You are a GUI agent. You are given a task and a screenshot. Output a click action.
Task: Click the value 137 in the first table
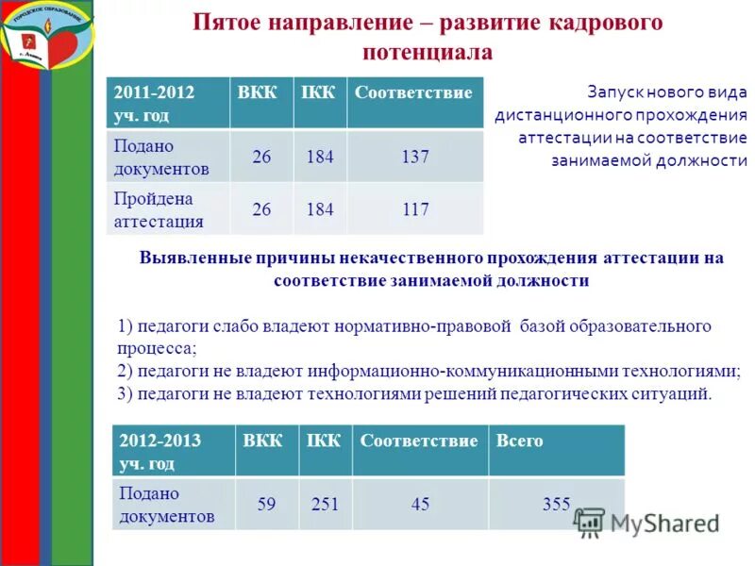click(x=415, y=157)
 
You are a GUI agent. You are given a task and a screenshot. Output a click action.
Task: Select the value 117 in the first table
click(x=415, y=209)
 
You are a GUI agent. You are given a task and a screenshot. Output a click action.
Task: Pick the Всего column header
click(x=521, y=441)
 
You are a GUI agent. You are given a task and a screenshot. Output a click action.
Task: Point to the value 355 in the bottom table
click(x=556, y=505)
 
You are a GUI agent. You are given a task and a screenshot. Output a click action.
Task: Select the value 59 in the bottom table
click(x=266, y=505)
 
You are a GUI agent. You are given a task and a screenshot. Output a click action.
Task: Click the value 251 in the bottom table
click(x=325, y=505)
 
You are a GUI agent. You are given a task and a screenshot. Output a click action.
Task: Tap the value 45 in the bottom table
click(x=420, y=505)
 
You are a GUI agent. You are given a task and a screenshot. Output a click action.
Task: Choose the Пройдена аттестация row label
click(x=159, y=210)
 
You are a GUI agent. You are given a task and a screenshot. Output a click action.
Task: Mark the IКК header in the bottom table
click(x=325, y=441)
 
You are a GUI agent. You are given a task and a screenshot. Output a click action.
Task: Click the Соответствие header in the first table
click(x=413, y=92)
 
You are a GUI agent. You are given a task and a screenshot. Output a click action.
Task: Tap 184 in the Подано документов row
click(x=319, y=157)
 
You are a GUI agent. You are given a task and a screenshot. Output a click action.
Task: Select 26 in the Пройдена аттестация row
click(x=260, y=209)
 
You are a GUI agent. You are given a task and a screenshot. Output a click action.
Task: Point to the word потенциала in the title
click(x=428, y=52)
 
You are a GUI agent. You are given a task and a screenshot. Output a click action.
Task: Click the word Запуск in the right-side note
click(x=614, y=92)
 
